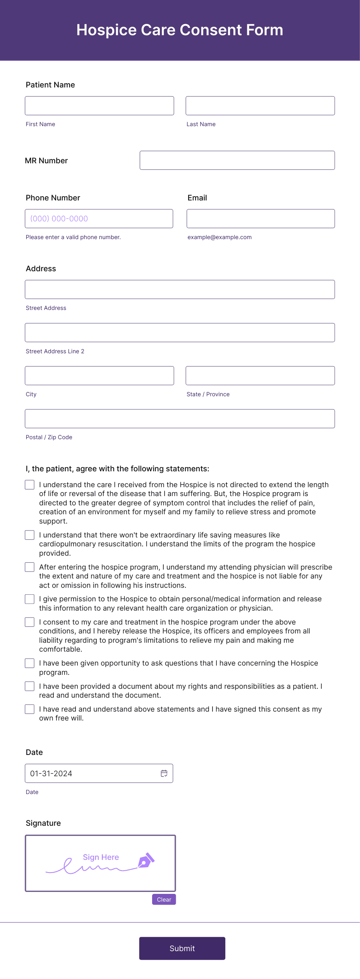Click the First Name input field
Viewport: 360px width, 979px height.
click(x=99, y=106)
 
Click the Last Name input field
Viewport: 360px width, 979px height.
click(x=260, y=106)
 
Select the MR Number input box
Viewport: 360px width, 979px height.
click(x=237, y=160)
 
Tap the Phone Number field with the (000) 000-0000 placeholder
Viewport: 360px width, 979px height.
click(x=99, y=219)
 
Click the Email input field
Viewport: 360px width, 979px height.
click(x=261, y=219)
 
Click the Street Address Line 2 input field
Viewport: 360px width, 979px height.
click(x=180, y=332)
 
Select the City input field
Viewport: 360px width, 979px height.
click(x=99, y=375)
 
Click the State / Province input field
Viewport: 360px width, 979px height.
click(x=260, y=375)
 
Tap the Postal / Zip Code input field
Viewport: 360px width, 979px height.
click(x=180, y=419)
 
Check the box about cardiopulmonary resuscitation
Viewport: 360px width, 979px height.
click(x=30, y=535)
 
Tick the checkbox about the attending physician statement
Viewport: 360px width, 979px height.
click(x=30, y=567)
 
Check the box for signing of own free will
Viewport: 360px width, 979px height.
click(x=30, y=709)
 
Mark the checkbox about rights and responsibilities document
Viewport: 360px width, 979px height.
click(x=30, y=686)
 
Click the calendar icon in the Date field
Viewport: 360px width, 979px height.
click(x=164, y=773)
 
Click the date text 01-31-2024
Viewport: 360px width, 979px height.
click(x=51, y=774)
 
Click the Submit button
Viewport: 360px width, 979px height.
click(x=182, y=948)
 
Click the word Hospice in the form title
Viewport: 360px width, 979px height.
click(x=106, y=30)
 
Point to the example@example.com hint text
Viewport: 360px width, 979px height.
click(x=219, y=237)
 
